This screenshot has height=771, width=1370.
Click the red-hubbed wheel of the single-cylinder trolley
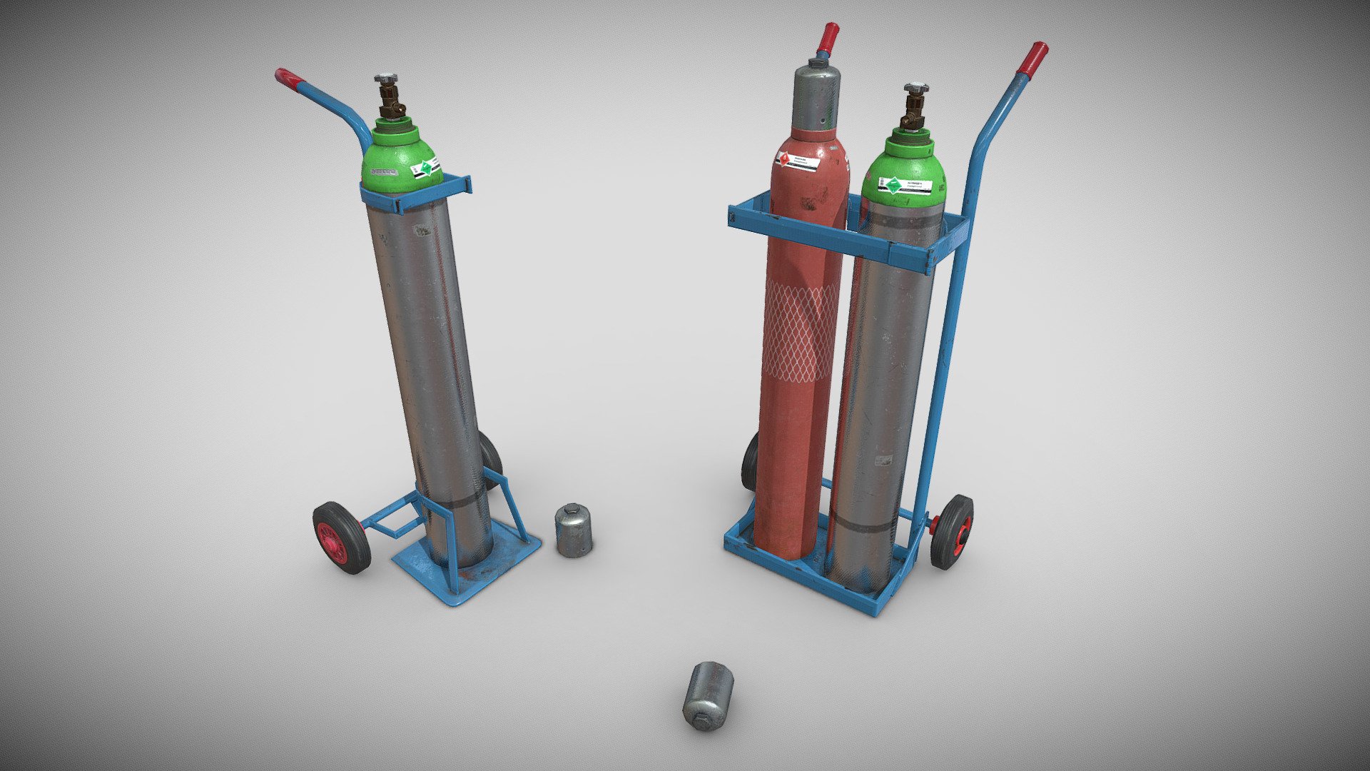click(340, 537)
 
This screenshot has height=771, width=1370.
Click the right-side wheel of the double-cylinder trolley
click(952, 531)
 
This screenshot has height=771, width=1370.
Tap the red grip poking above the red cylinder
click(829, 36)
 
